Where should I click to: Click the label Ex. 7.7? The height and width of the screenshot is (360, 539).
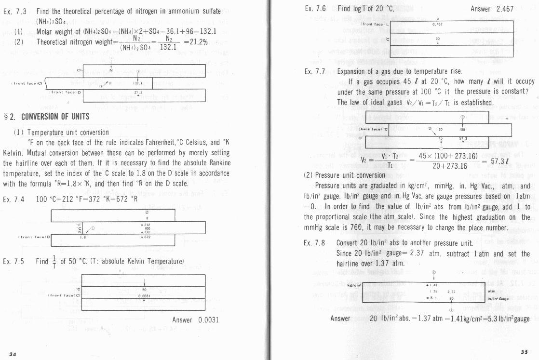pos(315,71)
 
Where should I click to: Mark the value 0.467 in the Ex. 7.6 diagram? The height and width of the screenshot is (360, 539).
pos(437,24)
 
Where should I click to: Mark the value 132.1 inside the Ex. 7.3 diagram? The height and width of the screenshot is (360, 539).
pos(137,82)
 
